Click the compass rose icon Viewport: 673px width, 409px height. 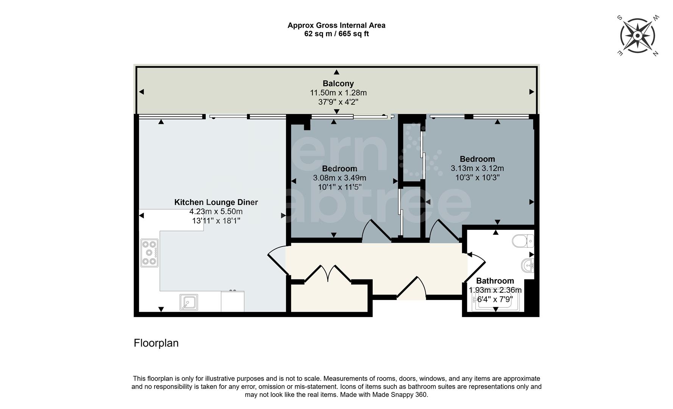(638, 36)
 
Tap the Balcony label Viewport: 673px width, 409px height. (338, 83)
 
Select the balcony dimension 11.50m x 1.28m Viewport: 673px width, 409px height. (338, 93)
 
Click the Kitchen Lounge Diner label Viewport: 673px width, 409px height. (216, 202)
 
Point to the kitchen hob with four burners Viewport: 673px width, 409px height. (149, 252)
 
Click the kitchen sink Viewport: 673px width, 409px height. (188, 302)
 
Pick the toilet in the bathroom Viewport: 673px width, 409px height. (523, 240)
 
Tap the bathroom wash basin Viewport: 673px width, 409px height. (528, 265)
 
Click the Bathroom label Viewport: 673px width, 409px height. (495, 281)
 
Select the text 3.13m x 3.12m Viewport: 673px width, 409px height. (477, 168)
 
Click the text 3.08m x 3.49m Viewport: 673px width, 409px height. (339, 178)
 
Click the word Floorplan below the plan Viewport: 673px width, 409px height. (156, 343)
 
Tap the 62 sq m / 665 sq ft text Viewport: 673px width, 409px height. (336, 34)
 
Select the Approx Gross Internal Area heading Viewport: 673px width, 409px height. (336, 25)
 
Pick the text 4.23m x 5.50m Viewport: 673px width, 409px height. (216, 211)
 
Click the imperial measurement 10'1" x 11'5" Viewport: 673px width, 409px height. (339, 187)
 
